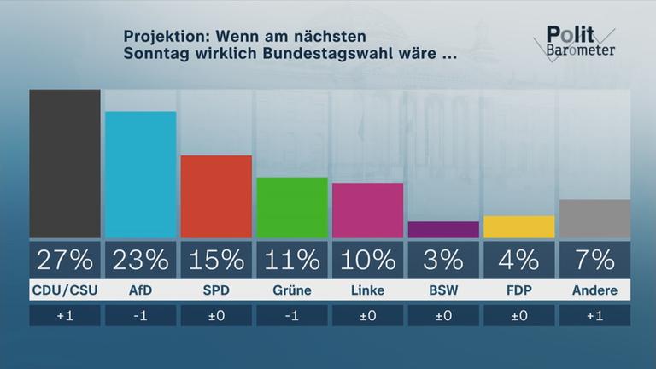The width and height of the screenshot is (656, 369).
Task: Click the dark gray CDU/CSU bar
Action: [65, 163]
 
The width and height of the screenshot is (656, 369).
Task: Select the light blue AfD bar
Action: [140, 174]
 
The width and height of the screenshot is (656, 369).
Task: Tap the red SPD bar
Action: [216, 196]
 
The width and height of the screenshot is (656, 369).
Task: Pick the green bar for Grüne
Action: [291, 208]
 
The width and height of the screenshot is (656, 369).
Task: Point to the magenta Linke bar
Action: [367, 210]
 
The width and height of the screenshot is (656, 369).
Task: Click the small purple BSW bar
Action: [443, 230]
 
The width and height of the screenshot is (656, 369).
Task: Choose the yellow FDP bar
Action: [518, 226]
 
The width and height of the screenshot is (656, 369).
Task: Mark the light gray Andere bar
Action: [594, 219]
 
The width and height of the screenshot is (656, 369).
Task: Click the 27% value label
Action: [65, 259]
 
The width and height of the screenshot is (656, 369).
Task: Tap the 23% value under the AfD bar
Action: [140, 259]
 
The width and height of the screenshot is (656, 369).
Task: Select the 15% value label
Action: [216, 259]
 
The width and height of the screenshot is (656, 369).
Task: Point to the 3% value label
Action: [443, 259]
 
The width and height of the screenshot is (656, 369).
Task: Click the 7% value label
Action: [594, 259]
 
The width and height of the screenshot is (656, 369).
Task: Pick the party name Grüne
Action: [291, 290]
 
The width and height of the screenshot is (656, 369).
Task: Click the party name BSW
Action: [443, 290]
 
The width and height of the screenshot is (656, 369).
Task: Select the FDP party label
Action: [518, 290]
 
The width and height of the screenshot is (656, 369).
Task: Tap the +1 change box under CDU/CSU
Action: [65, 316]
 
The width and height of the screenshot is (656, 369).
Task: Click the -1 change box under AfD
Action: [140, 316]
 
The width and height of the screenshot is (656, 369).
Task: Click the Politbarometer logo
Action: [579, 42]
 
